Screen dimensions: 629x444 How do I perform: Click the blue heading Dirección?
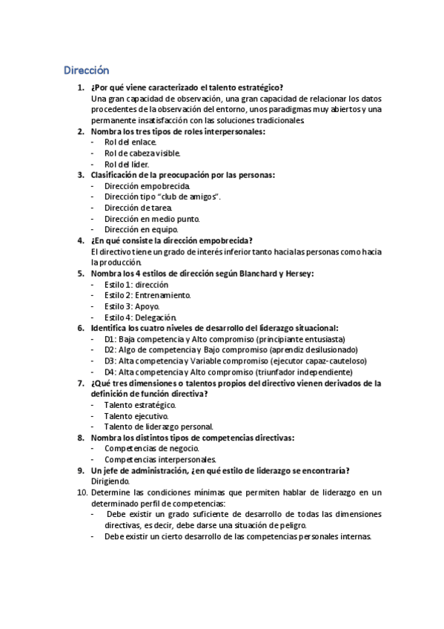(x=86, y=70)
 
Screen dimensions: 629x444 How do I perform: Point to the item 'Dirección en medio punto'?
(x=151, y=219)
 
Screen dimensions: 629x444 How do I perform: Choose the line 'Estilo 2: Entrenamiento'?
(x=148, y=295)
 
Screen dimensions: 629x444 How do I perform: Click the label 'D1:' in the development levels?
(x=110, y=339)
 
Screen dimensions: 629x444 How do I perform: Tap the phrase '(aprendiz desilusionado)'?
(x=314, y=349)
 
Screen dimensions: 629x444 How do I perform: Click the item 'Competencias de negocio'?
(x=151, y=448)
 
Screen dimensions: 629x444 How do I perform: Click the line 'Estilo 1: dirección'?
(x=136, y=284)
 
